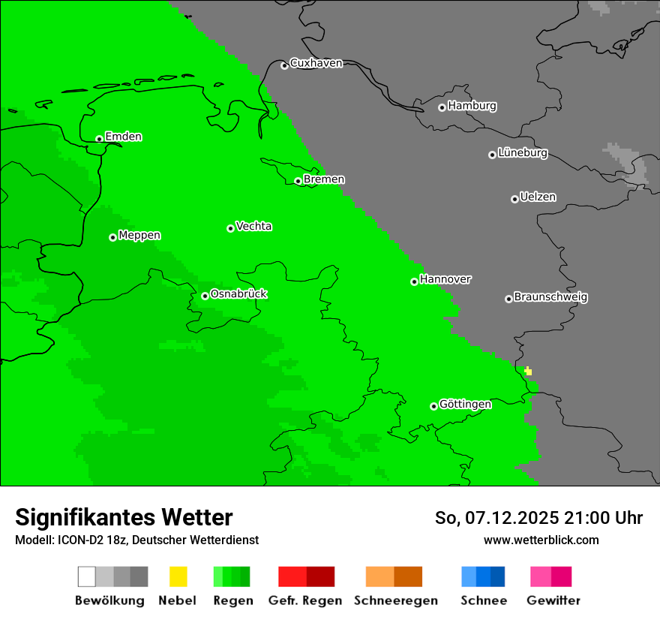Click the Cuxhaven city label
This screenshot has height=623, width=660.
(316, 63)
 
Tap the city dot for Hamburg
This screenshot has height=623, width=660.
(442, 107)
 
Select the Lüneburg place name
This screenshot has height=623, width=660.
(522, 153)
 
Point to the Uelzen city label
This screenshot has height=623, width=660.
(538, 197)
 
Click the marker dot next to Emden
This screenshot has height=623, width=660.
(99, 139)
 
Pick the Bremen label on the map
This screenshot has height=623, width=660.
(324, 179)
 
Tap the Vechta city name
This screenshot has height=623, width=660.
(253, 226)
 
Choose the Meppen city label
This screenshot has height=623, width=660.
(139, 236)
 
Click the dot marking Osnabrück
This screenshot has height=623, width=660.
(205, 296)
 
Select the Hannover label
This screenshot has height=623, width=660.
(445, 279)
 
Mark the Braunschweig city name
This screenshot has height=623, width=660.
(550, 297)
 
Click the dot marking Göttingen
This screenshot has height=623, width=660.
(433, 406)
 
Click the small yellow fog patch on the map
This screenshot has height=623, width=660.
(529, 371)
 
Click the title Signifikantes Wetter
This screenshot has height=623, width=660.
(124, 517)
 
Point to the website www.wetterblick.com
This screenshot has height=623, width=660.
(541, 540)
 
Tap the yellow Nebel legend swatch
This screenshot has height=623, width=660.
(178, 576)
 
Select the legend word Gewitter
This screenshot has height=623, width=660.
(553, 600)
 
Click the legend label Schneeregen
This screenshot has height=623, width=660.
(395, 600)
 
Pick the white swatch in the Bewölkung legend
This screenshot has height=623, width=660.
(87, 576)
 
